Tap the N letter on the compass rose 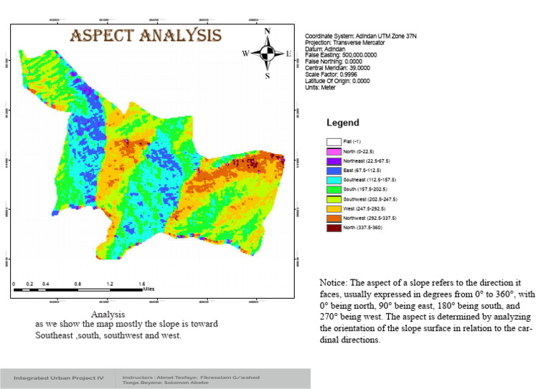pos(267,32)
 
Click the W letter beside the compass pos(245,54)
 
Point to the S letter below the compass pos(267,77)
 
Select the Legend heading pos(342,123)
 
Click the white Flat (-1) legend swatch pos(332,142)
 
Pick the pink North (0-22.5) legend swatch pos(332,153)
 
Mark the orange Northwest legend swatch pos(332,217)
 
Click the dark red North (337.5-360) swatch pos(332,228)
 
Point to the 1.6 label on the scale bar pos(142,284)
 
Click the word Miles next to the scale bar pos(149,290)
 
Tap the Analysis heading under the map pos(109,314)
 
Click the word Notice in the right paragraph pos(334,282)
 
